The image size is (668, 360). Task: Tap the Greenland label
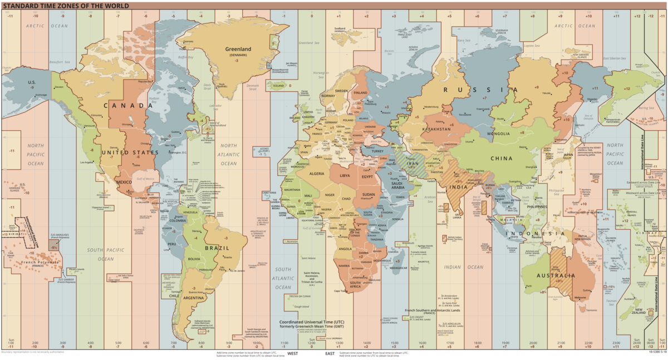click(238, 49)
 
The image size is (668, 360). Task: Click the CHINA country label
click(501, 158)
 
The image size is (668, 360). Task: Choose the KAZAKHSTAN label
click(437, 129)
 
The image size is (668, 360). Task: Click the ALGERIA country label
click(316, 174)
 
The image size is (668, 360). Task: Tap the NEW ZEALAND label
click(639, 312)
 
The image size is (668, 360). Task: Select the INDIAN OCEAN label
click(460, 267)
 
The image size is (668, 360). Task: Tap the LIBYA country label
click(346, 175)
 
